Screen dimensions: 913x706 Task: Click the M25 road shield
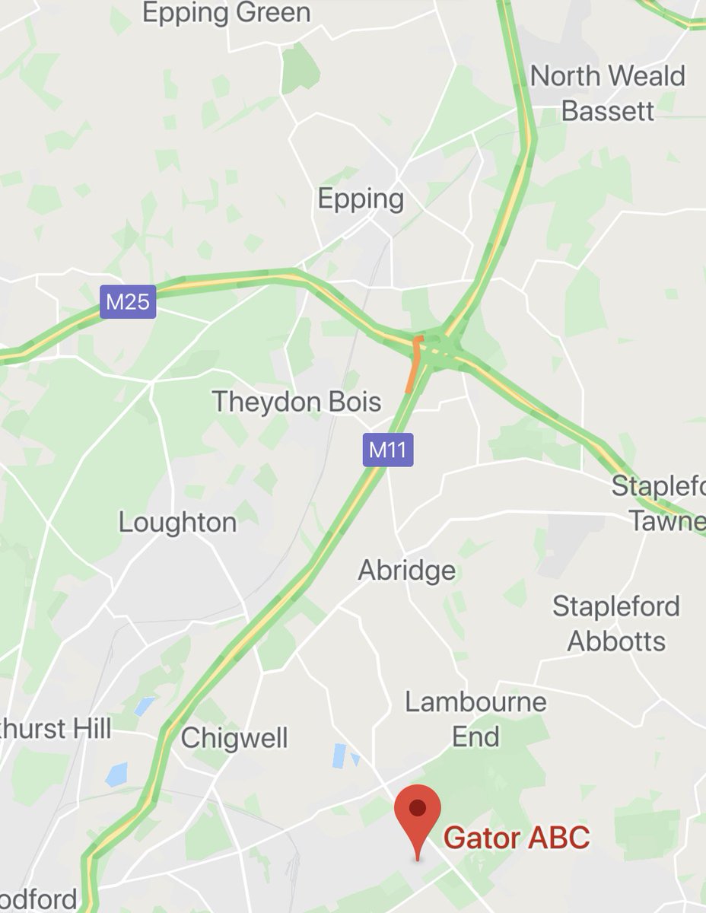(x=127, y=303)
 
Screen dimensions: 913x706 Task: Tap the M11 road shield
(x=387, y=450)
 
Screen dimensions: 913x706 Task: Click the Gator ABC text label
(x=516, y=838)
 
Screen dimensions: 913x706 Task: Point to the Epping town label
(x=360, y=199)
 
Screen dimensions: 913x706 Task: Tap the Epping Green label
(x=226, y=13)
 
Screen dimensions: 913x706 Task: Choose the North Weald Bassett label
(x=607, y=93)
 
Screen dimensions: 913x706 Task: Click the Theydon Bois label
(x=296, y=401)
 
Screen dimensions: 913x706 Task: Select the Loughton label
(x=177, y=523)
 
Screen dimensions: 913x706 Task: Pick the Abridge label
(x=407, y=570)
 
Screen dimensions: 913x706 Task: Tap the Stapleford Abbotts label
(x=616, y=624)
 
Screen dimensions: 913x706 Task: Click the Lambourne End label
(x=475, y=719)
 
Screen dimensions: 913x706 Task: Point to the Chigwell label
(x=234, y=737)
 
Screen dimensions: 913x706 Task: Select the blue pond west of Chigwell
(x=119, y=774)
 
